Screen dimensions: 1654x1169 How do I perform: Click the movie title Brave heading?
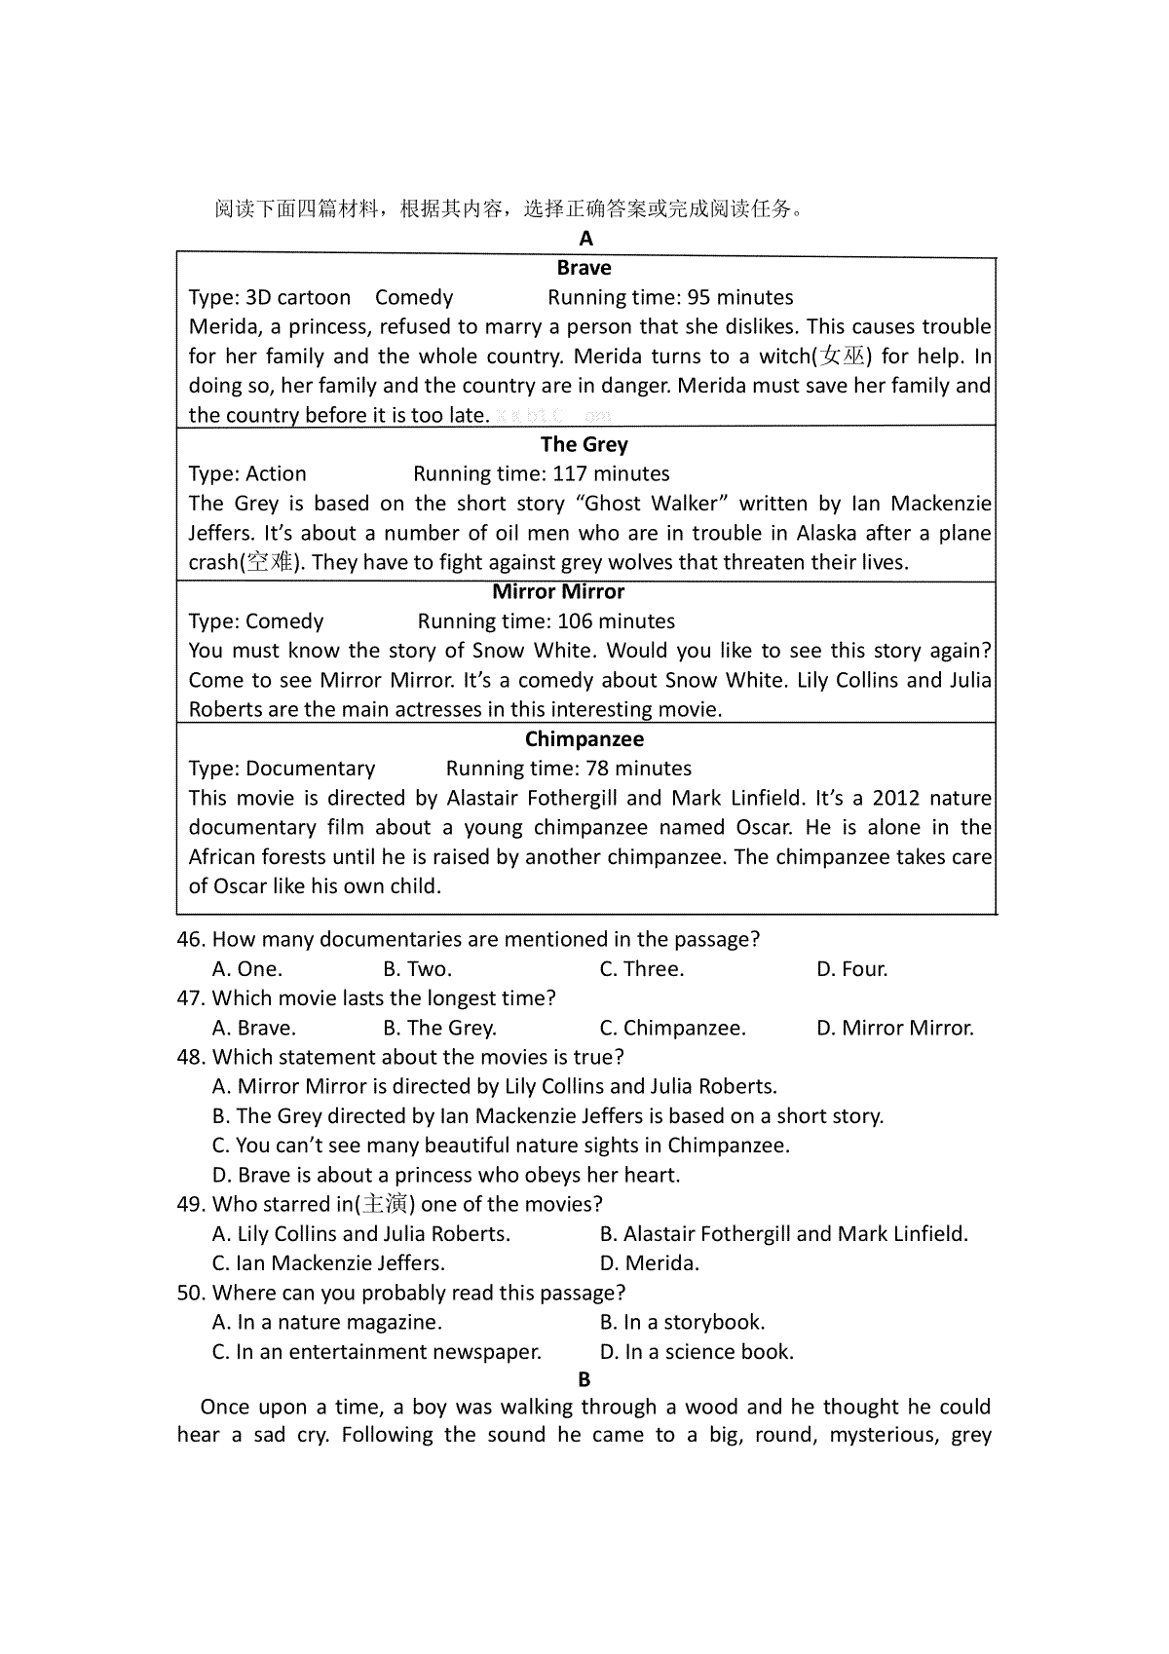(584, 268)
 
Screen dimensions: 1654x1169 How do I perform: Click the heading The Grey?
(584, 444)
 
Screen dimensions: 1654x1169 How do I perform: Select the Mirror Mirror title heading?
(558, 591)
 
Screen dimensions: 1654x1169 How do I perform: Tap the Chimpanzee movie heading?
(584, 738)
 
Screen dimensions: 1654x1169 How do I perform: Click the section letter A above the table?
(585, 239)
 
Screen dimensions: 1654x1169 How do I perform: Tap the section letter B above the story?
(584, 1379)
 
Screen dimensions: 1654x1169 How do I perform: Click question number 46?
(191, 939)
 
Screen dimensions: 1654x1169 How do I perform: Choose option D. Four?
(851, 968)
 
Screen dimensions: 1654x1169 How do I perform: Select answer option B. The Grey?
(439, 1028)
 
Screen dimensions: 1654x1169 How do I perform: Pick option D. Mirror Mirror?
(894, 1028)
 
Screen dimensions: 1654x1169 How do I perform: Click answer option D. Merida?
(649, 1263)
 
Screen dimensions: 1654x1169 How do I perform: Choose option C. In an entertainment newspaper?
(376, 1351)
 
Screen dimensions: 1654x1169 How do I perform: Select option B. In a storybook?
(682, 1322)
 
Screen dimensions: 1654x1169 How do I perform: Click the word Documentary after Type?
(310, 768)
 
